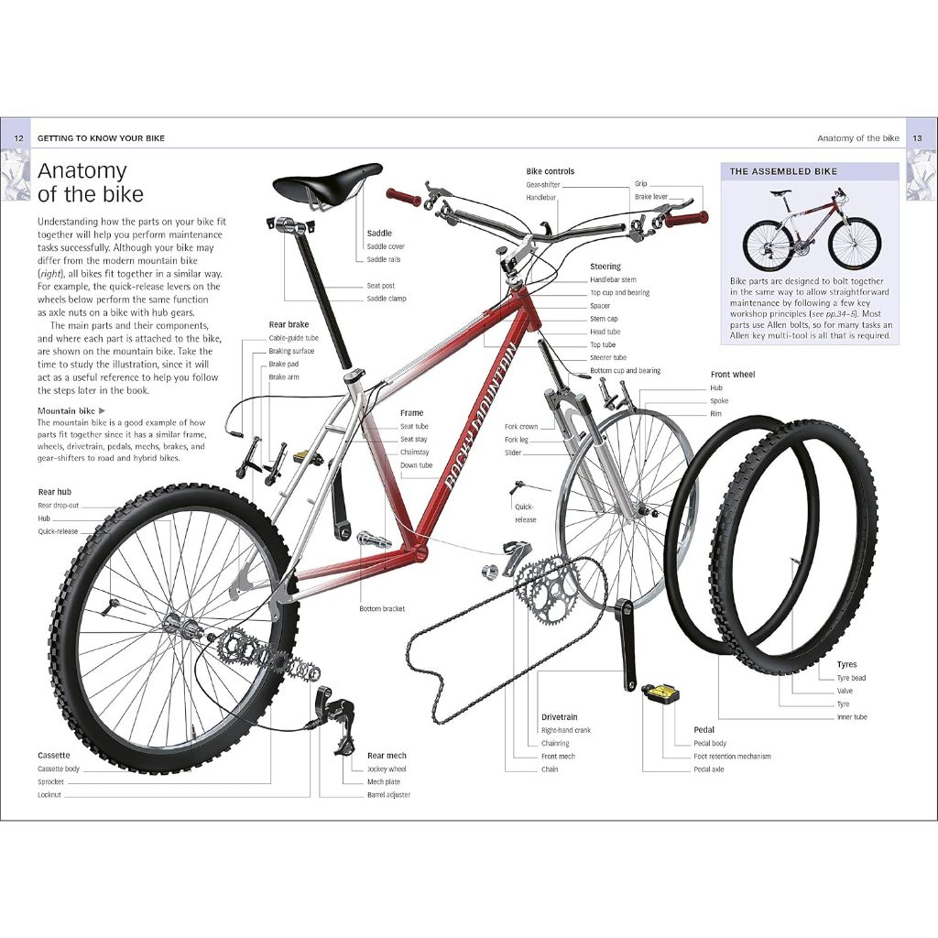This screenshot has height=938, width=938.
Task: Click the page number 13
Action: click(919, 138)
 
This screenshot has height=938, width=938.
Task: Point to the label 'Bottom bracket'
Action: click(382, 609)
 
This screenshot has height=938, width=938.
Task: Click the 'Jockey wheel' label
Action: click(387, 769)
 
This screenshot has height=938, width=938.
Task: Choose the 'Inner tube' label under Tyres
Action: click(852, 717)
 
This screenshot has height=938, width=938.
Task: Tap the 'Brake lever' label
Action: click(651, 197)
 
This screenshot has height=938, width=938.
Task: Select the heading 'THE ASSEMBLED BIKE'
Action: click(783, 171)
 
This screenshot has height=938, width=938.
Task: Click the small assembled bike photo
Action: click(811, 229)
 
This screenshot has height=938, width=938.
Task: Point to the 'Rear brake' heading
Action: click(289, 324)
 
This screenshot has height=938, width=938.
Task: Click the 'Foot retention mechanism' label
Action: click(732, 757)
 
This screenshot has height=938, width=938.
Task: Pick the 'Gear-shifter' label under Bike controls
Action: click(543, 184)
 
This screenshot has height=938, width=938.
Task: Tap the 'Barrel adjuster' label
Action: click(388, 795)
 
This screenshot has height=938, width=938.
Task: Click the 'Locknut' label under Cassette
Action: click(49, 795)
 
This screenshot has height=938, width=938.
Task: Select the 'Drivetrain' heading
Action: click(559, 717)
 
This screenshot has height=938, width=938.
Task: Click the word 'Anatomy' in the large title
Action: click(82, 171)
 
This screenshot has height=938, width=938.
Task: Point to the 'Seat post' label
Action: click(381, 286)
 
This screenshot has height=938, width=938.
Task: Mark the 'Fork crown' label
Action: click(521, 427)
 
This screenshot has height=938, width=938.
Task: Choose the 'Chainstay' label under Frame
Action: click(415, 453)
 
